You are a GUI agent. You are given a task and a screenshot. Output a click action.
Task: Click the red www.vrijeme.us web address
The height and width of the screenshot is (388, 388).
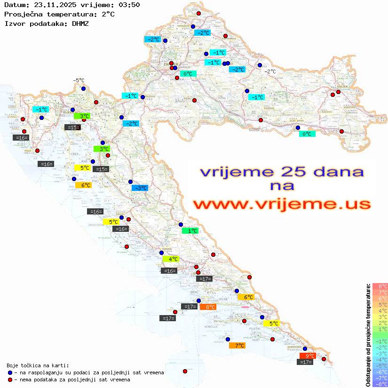(x=282, y=204)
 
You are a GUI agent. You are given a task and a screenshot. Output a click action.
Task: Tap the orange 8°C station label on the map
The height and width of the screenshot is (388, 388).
(x=208, y=307)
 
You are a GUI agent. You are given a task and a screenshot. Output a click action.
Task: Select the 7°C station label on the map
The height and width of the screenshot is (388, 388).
(x=237, y=345)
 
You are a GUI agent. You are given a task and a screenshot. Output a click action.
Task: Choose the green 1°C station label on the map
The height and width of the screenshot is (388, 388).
(x=190, y=230)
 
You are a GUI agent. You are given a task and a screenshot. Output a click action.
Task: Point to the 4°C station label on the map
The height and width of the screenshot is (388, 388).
(x=171, y=259)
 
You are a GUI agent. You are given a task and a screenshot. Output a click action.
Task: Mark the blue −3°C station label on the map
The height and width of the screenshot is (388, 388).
(x=140, y=188)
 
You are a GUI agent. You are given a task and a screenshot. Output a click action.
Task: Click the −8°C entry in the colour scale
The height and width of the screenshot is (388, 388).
(x=380, y=384)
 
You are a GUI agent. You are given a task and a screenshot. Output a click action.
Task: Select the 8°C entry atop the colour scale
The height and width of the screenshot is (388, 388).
(x=380, y=286)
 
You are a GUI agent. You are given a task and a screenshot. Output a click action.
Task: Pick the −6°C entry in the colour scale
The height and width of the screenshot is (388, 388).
(x=380, y=372)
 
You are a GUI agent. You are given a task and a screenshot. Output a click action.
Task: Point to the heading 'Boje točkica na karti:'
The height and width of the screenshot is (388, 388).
(x=38, y=365)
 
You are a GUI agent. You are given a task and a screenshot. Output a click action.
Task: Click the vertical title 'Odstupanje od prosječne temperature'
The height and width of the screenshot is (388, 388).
(x=367, y=335)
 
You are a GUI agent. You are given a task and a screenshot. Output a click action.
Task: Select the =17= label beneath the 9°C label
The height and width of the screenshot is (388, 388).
(x=306, y=362)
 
